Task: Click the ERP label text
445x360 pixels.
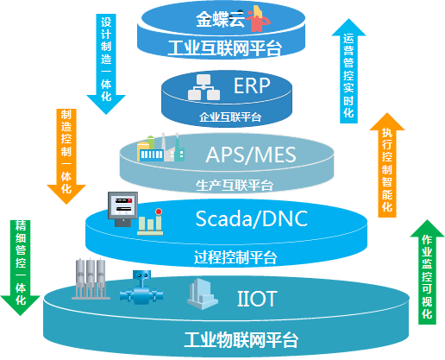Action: coord(252,85)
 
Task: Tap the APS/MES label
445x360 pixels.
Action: coord(251,155)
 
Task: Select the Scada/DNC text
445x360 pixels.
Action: coord(252,218)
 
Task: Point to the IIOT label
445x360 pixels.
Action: coord(257,299)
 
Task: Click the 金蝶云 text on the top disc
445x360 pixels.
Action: coord(221,20)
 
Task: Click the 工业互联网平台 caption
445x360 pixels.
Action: coord(224,48)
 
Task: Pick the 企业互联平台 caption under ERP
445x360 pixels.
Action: coord(230,117)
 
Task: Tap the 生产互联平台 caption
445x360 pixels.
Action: coord(235,186)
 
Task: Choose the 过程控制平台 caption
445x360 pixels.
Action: coord(235,257)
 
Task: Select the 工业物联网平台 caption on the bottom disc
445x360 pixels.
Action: coord(241,340)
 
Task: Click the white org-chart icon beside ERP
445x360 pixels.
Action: coord(204,87)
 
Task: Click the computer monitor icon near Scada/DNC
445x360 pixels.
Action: coord(122,209)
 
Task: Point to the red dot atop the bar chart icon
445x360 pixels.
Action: coord(159,212)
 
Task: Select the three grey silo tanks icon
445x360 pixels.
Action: coord(91,279)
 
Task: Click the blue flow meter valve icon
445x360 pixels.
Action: coord(141,287)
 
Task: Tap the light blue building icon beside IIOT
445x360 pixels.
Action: coord(203,294)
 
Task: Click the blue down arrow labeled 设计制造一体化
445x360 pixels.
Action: coord(106,64)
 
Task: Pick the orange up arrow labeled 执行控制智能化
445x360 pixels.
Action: coord(387,165)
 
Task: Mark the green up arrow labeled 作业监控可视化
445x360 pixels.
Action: coord(427,272)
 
